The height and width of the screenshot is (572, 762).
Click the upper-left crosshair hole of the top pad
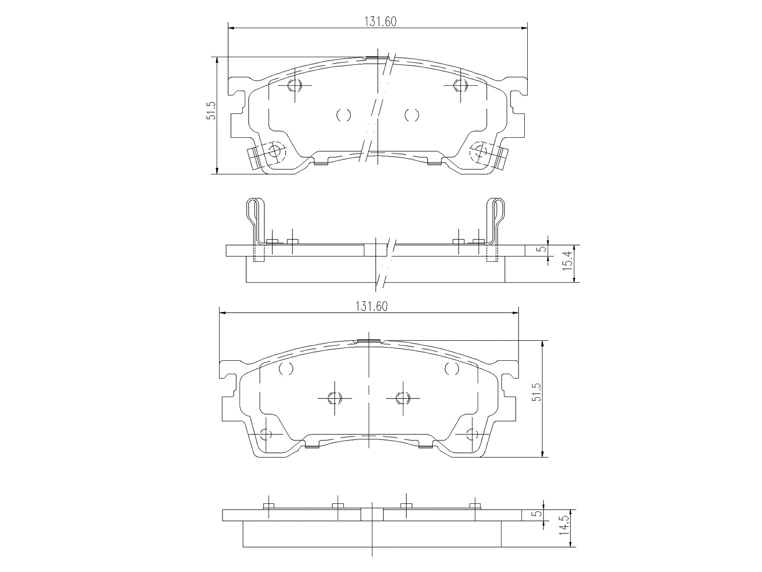[295, 86]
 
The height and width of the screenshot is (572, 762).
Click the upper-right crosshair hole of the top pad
[460, 86]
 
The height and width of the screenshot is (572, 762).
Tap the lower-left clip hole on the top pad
[274, 151]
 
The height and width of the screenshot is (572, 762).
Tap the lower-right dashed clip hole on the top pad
[480, 151]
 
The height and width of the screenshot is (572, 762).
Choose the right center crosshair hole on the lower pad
[403, 398]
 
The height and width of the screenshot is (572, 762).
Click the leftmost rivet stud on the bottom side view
[269, 506]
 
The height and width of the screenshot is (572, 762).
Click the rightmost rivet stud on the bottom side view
[474, 506]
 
